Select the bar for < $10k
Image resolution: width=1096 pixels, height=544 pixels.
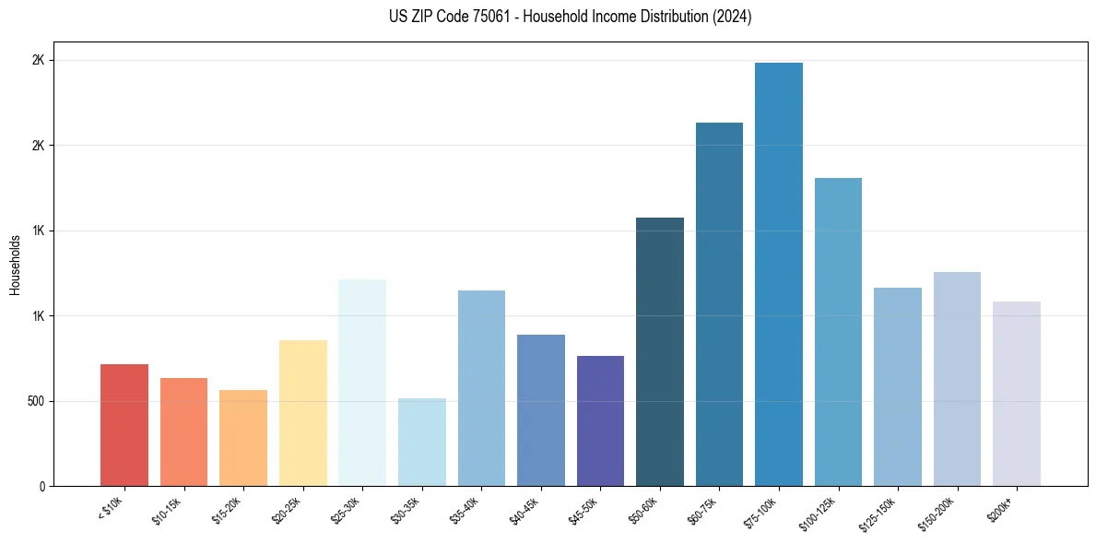124,425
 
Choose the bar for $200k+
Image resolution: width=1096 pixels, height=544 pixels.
1017,394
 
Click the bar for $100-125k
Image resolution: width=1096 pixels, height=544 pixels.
838,332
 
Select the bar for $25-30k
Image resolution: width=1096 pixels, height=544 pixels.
362,383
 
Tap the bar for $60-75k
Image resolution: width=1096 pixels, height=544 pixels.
719,304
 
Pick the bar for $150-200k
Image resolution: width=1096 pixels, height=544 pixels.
957,379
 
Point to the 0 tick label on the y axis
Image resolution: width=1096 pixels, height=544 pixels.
41,486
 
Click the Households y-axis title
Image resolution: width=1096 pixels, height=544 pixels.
16,265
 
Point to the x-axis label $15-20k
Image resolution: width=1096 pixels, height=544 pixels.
228,511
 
